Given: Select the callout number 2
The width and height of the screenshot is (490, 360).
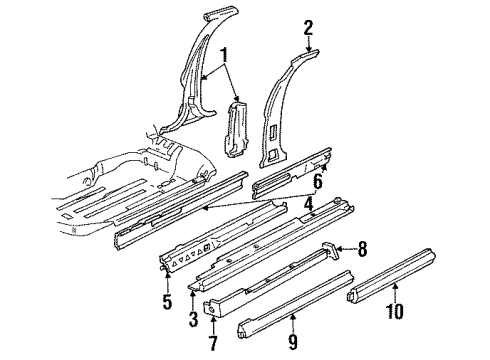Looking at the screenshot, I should pos(309,27).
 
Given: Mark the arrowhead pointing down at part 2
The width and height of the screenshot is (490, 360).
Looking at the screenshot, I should pos(309,44).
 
